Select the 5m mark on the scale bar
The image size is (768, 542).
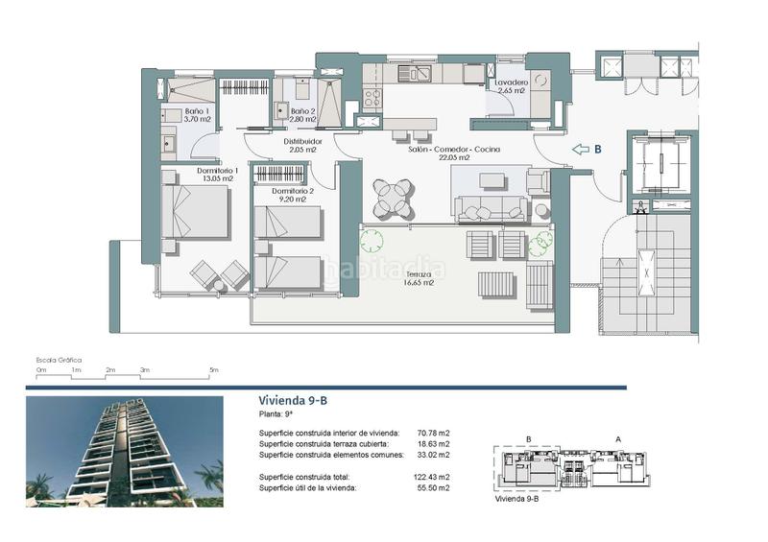pyautogui.click(x=214, y=369)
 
